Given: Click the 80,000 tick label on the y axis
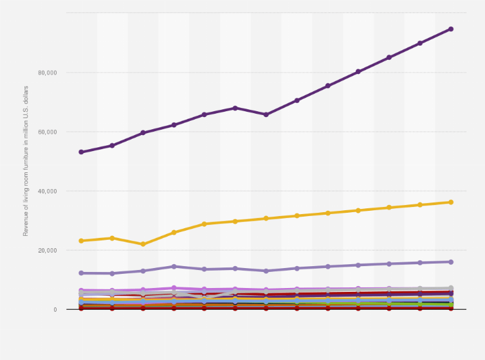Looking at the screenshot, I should (x=48, y=73).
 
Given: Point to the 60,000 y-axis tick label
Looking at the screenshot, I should (x=48, y=132).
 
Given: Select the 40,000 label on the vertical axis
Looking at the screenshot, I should (x=48, y=191).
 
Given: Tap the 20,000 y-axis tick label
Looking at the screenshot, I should (x=48, y=250).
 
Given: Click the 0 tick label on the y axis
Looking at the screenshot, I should (x=55, y=309).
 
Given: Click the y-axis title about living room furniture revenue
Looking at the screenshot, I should (x=26, y=160).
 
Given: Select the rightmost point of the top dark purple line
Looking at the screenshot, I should (x=451, y=29).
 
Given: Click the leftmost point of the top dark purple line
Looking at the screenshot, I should (x=81, y=152).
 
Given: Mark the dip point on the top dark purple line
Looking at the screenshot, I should (x=266, y=114).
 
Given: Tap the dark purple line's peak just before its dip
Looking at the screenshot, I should (x=235, y=108).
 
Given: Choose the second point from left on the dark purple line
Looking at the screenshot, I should (x=112, y=146).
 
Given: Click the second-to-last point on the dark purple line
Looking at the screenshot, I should (x=420, y=43).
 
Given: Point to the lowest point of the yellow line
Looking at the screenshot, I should (x=143, y=244).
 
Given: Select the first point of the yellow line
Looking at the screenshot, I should (x=81, y=241).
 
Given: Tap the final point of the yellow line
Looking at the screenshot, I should (x=451, y=203).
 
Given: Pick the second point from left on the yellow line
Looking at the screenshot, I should (x=112, y=239).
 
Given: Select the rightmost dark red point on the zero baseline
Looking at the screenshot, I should (x=451, y=309).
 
